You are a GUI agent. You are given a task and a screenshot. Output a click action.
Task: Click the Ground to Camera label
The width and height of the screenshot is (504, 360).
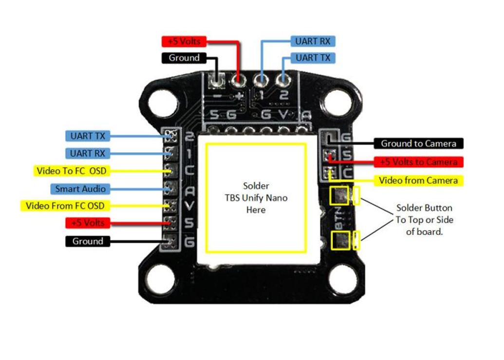(418, 144)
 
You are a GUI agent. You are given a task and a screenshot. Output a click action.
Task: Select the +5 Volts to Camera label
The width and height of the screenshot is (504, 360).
(418, 162)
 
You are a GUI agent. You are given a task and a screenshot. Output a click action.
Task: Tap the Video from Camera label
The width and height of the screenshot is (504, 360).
(418, 180)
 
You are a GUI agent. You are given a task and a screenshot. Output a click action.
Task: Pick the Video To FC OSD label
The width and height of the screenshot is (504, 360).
(71, 171)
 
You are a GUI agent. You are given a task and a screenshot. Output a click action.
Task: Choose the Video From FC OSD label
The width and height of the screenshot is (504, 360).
(65, 206)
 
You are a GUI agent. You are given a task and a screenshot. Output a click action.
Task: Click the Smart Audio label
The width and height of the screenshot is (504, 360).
(80, 189)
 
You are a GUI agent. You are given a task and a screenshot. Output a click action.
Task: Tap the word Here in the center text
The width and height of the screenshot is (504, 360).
(256, 210)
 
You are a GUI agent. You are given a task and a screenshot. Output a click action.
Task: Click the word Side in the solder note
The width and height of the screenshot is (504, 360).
(443, 220)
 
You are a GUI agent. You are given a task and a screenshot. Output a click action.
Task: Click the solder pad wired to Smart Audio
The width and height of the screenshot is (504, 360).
(170, 188)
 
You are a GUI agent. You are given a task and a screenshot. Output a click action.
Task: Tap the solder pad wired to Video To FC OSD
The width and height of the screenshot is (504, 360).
(170, 171)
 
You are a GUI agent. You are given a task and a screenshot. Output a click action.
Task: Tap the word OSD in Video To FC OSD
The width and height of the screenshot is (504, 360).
(97, 171)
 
